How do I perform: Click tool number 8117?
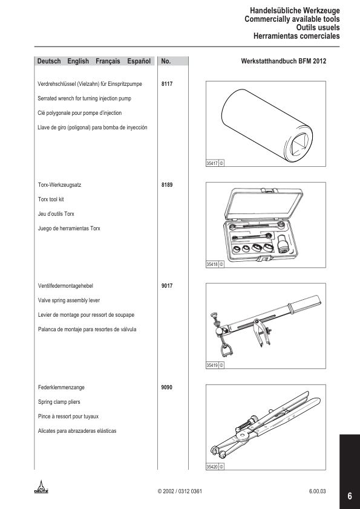pyautogui.click(x=166, y=84)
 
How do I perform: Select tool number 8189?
pyautogui.click(x=166, y=185)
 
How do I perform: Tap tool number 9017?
pyautogui.click(x=166, y=286)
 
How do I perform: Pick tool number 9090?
pyautogui.click(x=166, y=387)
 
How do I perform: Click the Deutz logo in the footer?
pyautogui.click(x=41, y=487)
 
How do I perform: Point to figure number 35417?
pyautogui.click(x=212, y=163)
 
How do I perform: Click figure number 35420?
pyautogui.click(x=212, y=467)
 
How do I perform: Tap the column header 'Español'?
pyautogui.click(x=139, y=61)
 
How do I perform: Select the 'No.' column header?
pyautogui.click(x=166, y=61)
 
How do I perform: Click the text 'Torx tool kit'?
pyautogui.click(x=51, y=199)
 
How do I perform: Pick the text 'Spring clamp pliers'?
pyautogui.click(x=59, y=402)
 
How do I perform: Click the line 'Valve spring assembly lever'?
pyautogui.click(x=69, y=300)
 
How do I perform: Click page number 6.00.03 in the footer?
pyautogui.click(x=317, y=491)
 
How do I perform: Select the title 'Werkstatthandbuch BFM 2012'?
pyautogui.click(x=284, y=61)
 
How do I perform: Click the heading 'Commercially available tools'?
pyautogui.click(x=292, y=19)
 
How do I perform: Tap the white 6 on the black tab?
pyautogui.click(x=350, y=496)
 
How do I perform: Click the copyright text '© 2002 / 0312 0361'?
pyautogui.click(x=180, y=491)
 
